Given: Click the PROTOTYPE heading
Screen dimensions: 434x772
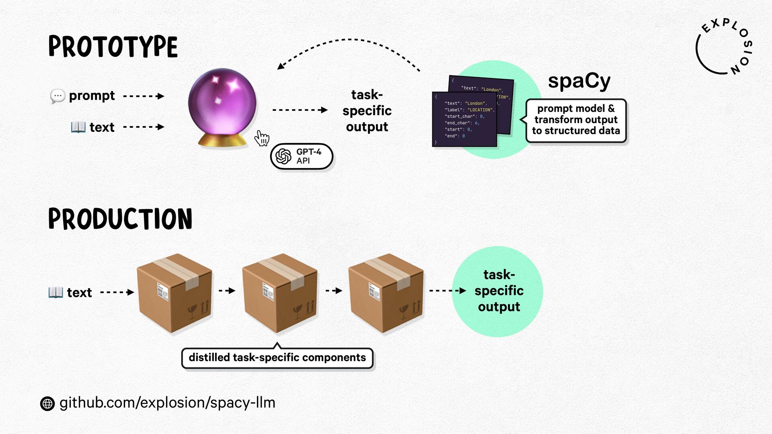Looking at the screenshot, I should coord(113,47).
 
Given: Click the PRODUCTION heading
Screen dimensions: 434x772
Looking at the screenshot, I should coord(120,219).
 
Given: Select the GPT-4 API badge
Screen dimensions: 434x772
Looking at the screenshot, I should coord(302,156).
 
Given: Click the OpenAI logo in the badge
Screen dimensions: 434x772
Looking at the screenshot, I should coord(283,156).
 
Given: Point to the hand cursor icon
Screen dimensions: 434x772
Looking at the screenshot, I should coord(262,139).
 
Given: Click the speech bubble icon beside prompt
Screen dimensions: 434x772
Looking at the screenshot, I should coord(57,96).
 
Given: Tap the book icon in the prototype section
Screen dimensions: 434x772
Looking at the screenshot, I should coord(78,127).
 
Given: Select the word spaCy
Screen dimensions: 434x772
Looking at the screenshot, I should coord(579,81).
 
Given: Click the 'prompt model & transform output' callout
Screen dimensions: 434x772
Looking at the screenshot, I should coord(576,120).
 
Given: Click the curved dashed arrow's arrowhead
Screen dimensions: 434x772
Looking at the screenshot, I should coord(281,66).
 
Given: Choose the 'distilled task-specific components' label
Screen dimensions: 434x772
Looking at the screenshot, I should coord(277,358).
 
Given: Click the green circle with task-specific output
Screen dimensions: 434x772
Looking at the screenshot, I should coord(498,291).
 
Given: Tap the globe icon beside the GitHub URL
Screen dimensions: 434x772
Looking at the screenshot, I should coord(47,403).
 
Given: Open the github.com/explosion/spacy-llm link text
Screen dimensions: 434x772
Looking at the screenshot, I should coord(167,403).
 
